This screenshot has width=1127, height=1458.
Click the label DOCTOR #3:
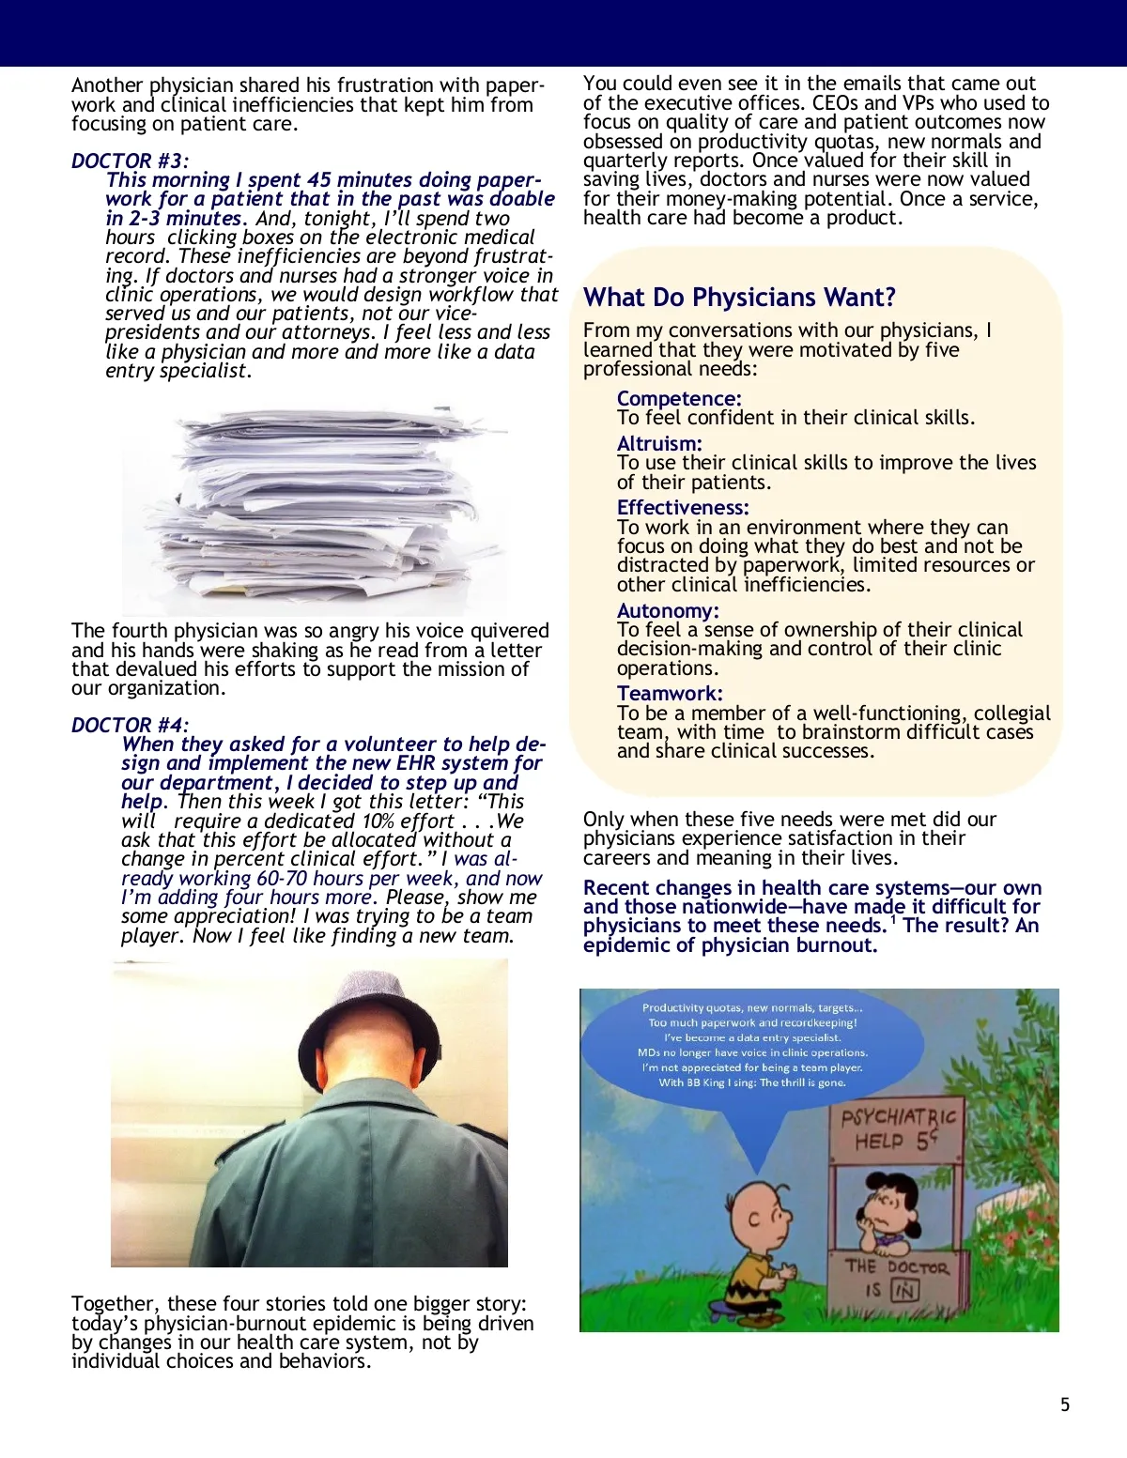(x=130, y=161)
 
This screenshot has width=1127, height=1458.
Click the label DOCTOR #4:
(x=130, y=726)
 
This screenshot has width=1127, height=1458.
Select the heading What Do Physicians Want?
(x=739, y=298)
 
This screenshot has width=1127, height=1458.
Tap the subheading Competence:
(x=679, y=399)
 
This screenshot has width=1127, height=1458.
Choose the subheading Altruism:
(x=659, y=444)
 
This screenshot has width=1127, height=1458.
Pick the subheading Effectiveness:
(x=683, y=508)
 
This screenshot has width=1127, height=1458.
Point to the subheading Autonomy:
(x=668, y=611)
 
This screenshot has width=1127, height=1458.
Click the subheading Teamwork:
(x=670, y=694)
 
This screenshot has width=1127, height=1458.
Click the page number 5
(x=1065, y=1405)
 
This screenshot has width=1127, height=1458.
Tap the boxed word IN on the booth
(x=903, y=1291)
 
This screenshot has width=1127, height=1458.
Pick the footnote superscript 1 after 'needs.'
(x=893, y=920)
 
